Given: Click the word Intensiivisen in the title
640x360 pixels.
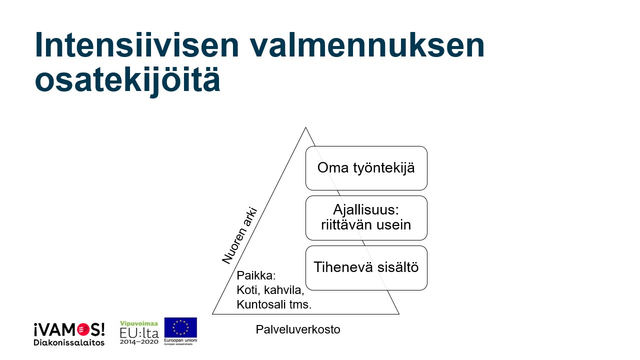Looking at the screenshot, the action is click(x=136, y=45).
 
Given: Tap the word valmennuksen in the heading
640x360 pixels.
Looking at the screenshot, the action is click(x=367, y=45).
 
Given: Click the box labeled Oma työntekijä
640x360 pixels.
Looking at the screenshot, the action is click(x=366, y=168).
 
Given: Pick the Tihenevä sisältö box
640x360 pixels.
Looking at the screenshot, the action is click(x=366, y=268).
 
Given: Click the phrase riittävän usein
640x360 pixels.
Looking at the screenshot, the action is click(x=366, y=225).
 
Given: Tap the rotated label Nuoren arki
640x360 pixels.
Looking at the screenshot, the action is click(x=239, y=235).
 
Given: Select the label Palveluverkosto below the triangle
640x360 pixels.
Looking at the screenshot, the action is click(x=297, y=329).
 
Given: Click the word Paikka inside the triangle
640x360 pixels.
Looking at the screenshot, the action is click(x=254, y=275).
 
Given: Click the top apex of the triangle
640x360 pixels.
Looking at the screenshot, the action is click(x=305, y=127).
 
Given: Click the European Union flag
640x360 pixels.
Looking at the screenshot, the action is click(x=180, y=327).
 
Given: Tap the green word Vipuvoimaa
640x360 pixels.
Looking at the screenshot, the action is click(x=139, y=323).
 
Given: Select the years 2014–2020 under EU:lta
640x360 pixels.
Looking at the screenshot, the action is click(x=139, y=341).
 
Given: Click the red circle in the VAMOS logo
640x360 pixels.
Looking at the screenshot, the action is click(x=83, y=330).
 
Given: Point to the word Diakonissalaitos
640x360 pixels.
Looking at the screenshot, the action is click(x=69, y=342).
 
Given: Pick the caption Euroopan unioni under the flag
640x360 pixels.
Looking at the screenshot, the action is click(x=180, y=340).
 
